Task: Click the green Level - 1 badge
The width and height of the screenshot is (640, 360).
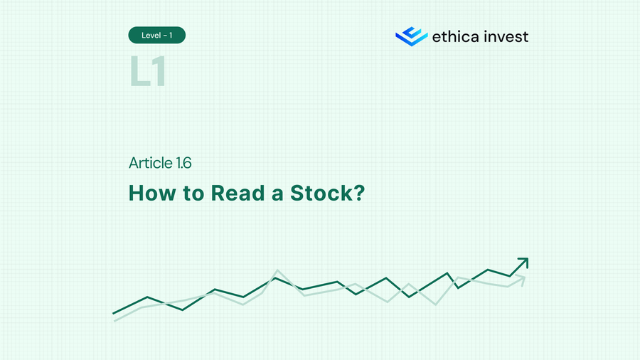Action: (x=156, y=35)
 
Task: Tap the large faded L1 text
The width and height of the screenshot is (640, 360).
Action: (x=148, y=72)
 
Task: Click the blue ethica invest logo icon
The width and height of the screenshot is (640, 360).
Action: (x=411, y=36)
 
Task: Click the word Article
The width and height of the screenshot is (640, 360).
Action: (x=150, y=163)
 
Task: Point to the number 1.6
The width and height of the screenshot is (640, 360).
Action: (x=183, y=163)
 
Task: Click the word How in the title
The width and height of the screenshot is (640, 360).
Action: (x=148, y=193)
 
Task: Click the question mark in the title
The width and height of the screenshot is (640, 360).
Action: (x=358, y=193)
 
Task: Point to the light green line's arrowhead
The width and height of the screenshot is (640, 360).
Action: (x=522, y=280)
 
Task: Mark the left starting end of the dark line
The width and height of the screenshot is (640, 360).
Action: (x=114, y=312)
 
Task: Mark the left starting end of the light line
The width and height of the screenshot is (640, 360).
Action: (x=115, y=320)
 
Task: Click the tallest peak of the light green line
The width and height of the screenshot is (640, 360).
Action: (x=277, y=270)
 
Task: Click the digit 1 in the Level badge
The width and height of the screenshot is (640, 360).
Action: (x=171, y=35)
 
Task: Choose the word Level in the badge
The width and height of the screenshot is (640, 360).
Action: (x=150, y=35)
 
